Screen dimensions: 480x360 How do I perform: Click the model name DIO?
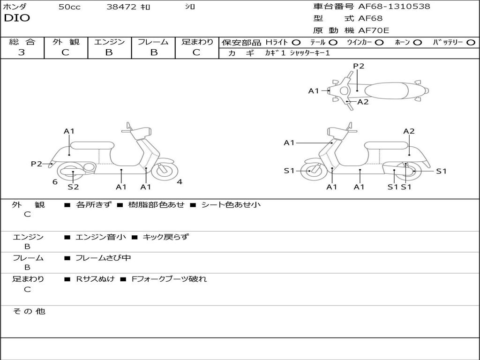pos(17,18)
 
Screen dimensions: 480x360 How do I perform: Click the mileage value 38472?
pos(121,7)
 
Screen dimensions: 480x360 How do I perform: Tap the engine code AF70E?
pos(374,30)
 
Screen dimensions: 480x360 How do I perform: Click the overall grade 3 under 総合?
pos(22,52)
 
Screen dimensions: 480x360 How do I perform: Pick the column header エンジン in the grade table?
pos(109,42)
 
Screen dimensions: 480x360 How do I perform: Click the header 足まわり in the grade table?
pos(197,42)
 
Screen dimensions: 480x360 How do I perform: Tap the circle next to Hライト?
pos(296,42)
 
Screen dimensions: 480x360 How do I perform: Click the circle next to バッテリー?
pos(471,42)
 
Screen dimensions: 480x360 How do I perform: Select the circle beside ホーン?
pos(417,42)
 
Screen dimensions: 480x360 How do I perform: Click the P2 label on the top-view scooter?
pos(359,66)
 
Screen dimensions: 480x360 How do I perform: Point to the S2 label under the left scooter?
pos(73,187)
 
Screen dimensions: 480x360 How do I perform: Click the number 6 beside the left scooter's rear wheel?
pos(55,182)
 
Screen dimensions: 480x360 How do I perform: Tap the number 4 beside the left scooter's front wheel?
pos(180,182)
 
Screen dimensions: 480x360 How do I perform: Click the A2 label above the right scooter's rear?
pos(409,131)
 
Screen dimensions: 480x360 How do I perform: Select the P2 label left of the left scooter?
pos(37,164)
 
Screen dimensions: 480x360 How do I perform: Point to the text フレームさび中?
pos(103,258)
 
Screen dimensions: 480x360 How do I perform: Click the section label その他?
pos(29,311)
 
